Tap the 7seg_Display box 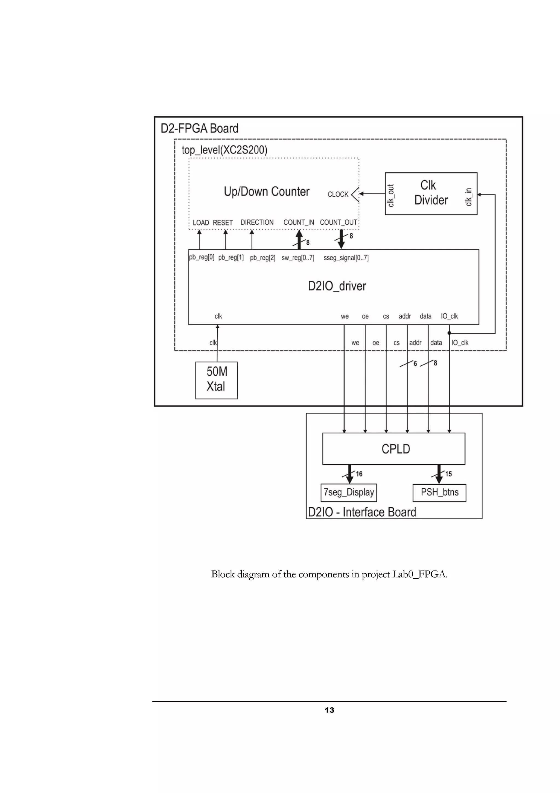click(x=348, y=492)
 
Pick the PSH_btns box click(x=439, y=492)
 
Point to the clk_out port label click(x=390, y=195)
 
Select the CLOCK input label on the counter click(x=338, y=195)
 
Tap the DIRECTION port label click(x=257, y=222)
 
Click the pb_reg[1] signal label click(x=231, y=258)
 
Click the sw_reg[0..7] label click(x=298, y=258)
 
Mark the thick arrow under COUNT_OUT click(x=341, y=239)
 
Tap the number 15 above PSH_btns click(x=448, y=474)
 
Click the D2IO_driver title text click(x=337, y=286)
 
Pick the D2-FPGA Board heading click(x=199, y=129)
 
